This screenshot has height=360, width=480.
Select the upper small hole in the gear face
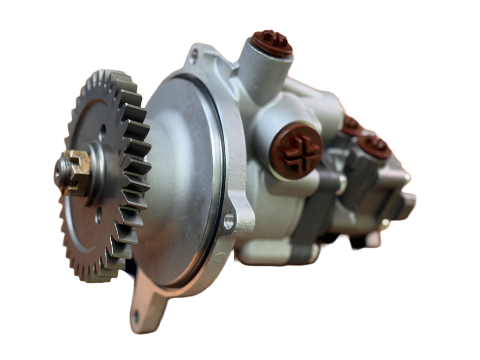tap(103, 129)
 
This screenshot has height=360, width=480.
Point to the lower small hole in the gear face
tap(99, 218)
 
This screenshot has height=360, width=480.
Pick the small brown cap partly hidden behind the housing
tap(351, 124)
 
